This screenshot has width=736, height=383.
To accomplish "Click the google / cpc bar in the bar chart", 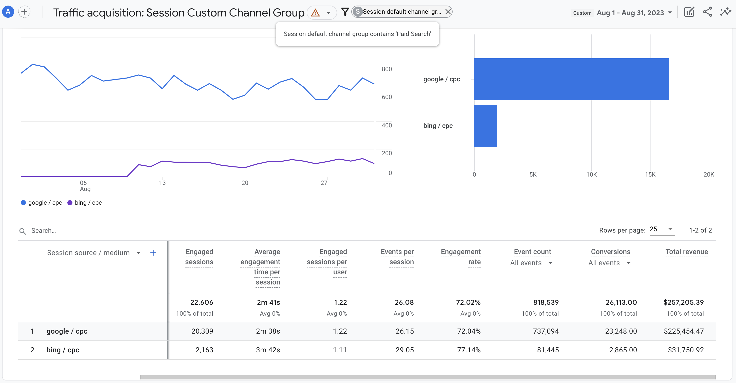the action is click(x=571, y=79).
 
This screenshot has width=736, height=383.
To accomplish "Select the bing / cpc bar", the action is click(x=486, y=126).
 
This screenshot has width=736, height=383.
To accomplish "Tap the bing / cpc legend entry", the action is click(x=85, y=203).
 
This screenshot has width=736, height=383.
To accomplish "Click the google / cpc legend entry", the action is click(x=42, y=203).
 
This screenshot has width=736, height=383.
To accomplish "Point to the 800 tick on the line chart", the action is click(x=386, y=69).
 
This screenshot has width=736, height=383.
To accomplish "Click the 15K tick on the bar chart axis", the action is click(x=650, y=174).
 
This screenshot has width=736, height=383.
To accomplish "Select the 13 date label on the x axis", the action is click(x=162, y=183).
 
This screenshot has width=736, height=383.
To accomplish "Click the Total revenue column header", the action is click(x=687, y=252).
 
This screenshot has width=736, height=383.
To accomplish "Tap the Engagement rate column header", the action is click(x=461, y=257).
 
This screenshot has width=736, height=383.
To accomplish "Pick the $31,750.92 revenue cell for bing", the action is click(x=686, y=350).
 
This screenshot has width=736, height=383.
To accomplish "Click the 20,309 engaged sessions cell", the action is click(x=202, y=331).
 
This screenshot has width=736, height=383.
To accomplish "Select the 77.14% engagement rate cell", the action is click(x=469, y=350).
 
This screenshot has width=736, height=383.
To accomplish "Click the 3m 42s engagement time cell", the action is click(x=268, y=350).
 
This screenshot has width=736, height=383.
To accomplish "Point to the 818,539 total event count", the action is click(x=546, y=302).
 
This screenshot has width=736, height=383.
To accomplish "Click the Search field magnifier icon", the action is click(x=23, y=231).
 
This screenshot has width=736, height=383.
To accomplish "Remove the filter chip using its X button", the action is click(x=448, y=12).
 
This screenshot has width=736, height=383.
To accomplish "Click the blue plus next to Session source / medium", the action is click(x=153, y=253).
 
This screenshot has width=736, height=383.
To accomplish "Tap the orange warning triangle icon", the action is click(x=315, y=13).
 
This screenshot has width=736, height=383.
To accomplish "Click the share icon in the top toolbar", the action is click(x=707, y=12).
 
